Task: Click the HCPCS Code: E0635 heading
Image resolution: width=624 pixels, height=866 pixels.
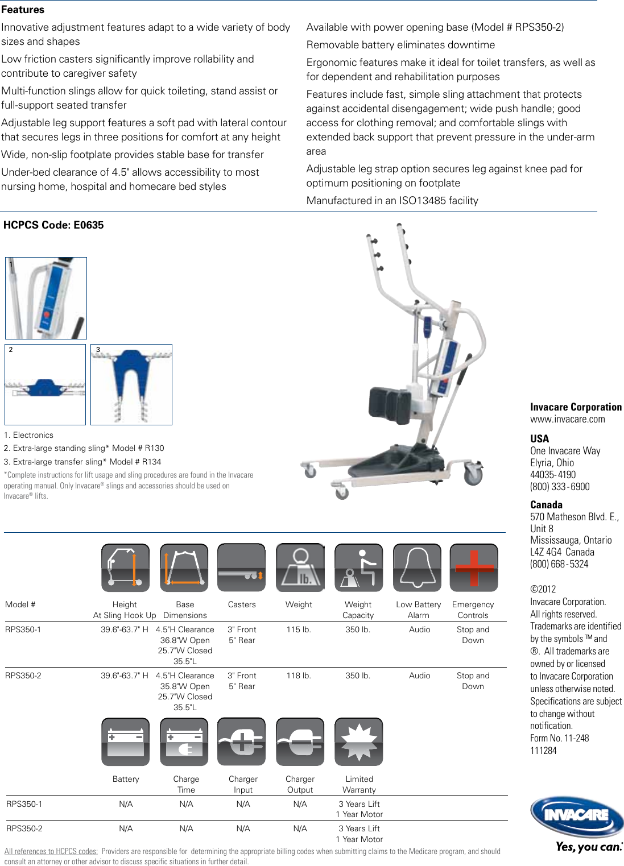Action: tap(53, 225)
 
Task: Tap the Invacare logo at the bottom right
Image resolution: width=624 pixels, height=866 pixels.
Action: tap(576, 817)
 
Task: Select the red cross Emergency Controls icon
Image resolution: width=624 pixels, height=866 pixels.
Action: tap(473, 568)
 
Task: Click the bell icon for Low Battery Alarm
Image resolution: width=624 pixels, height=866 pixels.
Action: tap(417, 568)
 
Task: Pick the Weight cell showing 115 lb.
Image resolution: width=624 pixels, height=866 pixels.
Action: tap(299, 629)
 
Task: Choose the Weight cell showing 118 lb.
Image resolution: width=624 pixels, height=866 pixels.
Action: tap(299, 676)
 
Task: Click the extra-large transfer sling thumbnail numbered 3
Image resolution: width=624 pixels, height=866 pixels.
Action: tap(131, 384)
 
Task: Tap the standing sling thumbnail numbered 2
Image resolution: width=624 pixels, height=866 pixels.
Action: tap(46, 384)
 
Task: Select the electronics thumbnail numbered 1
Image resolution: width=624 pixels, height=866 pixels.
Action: tap(46, 298)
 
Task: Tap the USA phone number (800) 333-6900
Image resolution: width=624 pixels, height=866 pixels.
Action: tap(560, 487)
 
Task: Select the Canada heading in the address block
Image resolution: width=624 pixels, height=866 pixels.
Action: tap(546, 504)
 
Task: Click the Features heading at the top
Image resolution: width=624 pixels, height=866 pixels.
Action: tap(23, 10)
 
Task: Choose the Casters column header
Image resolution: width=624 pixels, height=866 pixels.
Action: tap(242, 604)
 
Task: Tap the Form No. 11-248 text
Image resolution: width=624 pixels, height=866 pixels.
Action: tap(559, 738)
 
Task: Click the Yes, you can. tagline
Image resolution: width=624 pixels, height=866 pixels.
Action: tap(589, 847)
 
